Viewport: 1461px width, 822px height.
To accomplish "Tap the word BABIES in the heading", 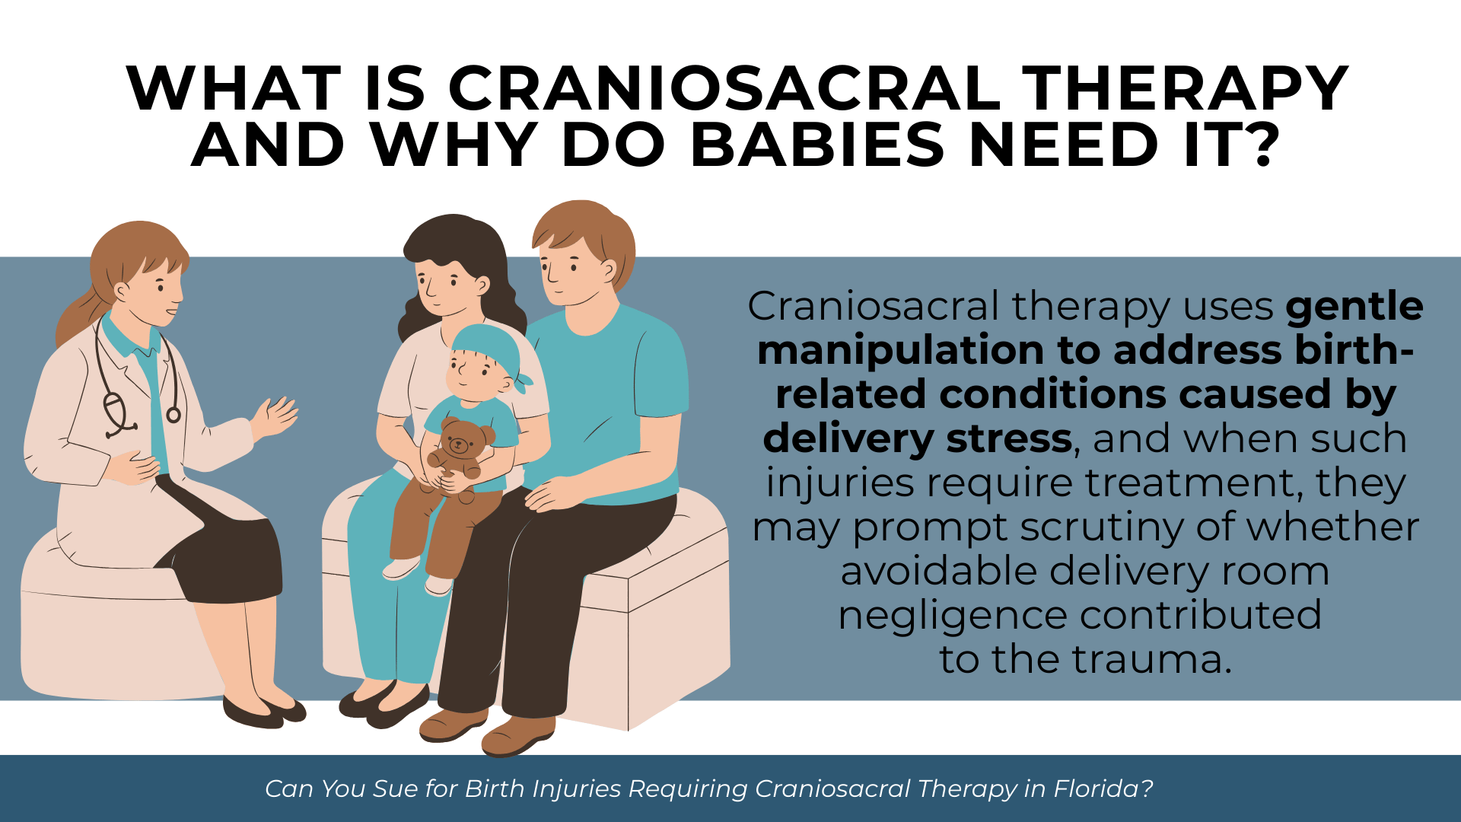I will coord(818,145).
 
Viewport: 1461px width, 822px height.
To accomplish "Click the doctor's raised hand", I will coord(275,416).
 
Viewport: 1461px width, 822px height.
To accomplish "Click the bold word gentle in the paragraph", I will coord(1354,307).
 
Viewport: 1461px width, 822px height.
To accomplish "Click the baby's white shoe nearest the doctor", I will coord(401,568).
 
